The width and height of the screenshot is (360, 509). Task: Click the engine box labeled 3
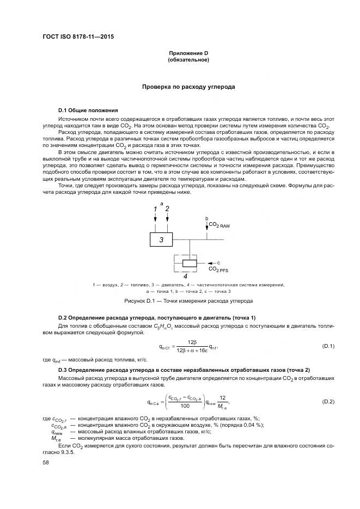coord(161,239)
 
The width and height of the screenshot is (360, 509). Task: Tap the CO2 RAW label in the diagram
coord(219,225)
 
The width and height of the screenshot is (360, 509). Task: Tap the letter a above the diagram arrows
coord(161,203)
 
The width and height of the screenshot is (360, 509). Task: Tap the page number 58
coord(46,462)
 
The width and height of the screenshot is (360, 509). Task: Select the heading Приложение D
coord(189,53)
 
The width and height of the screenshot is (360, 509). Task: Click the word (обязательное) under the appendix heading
coord(189,60)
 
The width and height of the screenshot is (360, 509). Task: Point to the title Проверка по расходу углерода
coord(188,87)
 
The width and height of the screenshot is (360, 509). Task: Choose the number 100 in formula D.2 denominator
coord(185,406)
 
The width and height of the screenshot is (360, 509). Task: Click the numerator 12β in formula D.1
coord(191,342)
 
